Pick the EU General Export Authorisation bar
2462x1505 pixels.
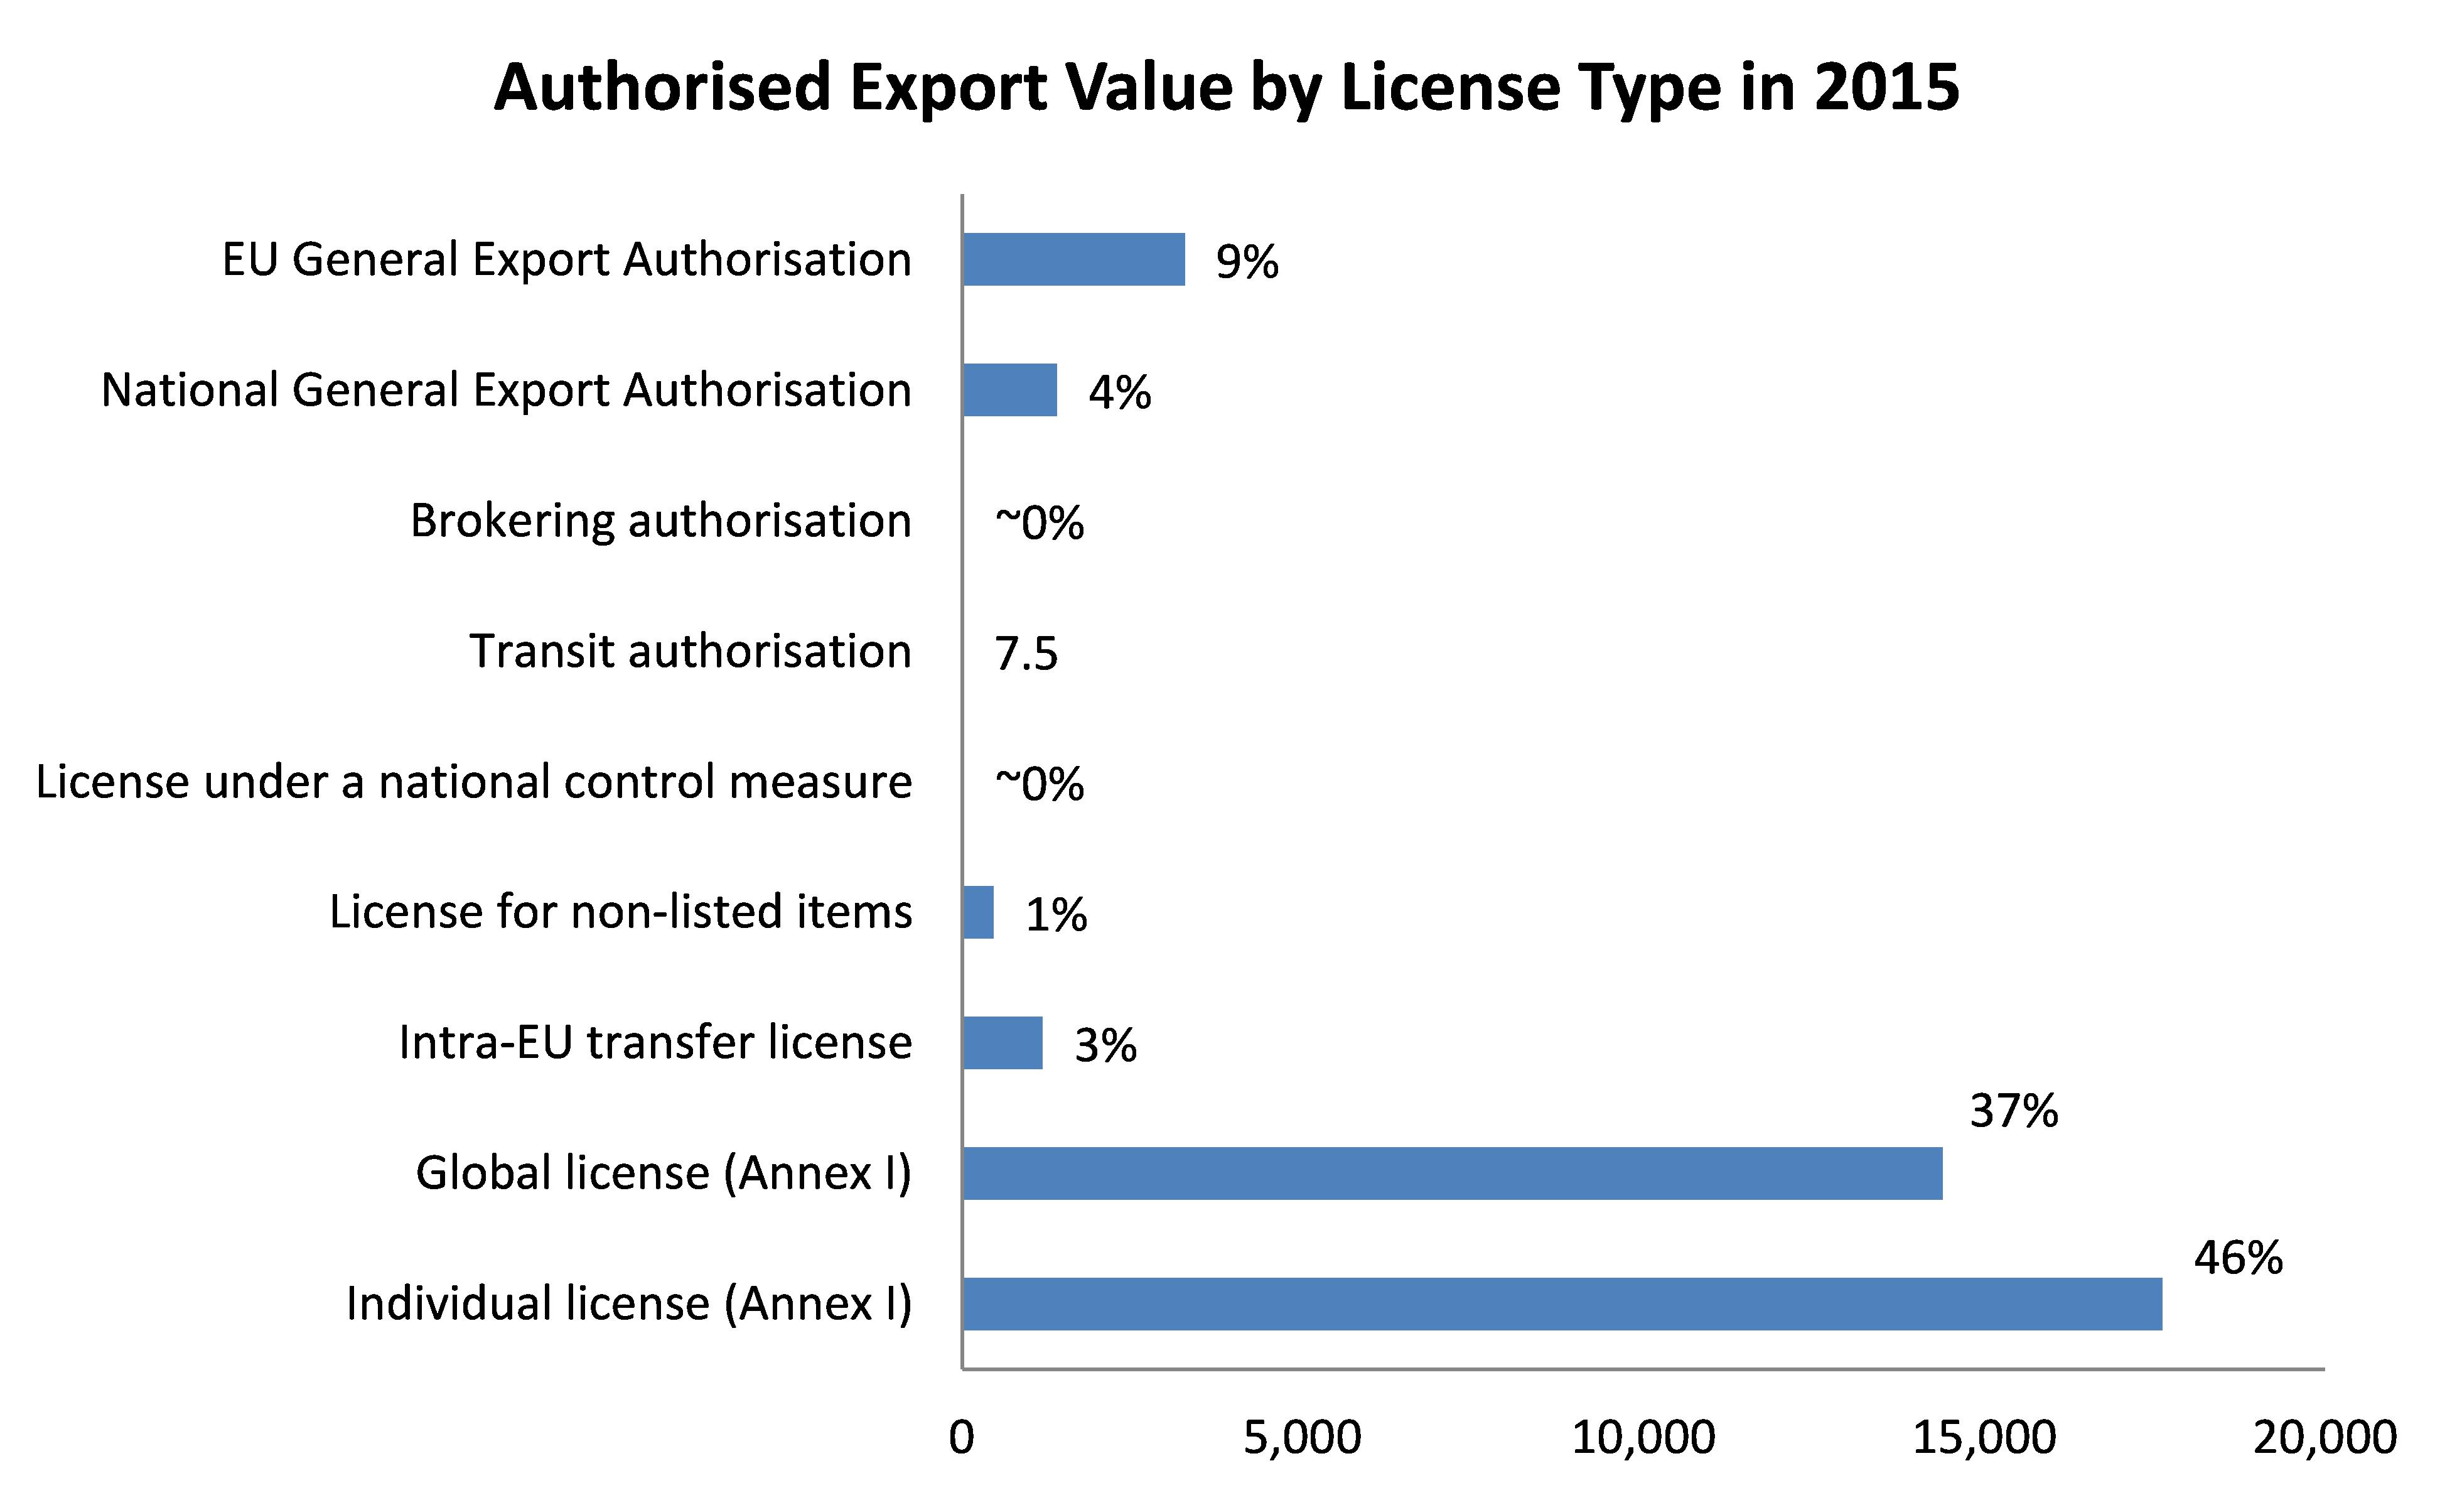point(1073,260)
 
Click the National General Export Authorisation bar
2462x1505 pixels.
point(1009,390)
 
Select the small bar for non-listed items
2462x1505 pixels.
point(978,912)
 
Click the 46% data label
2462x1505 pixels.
point(2238,1258)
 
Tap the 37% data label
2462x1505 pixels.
point(2013,1111)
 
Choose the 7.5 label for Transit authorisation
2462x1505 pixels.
point(1025,654)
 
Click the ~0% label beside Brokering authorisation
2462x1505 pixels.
point(1039,522)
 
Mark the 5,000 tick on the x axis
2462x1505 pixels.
point(1302,1437)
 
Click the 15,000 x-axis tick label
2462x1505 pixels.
point(1984,1437)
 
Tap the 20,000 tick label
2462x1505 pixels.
point(2324,1437)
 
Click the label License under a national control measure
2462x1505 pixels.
point(473,782)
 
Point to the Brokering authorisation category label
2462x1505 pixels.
point(660,521)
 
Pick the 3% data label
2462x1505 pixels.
point(1105,1045)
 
